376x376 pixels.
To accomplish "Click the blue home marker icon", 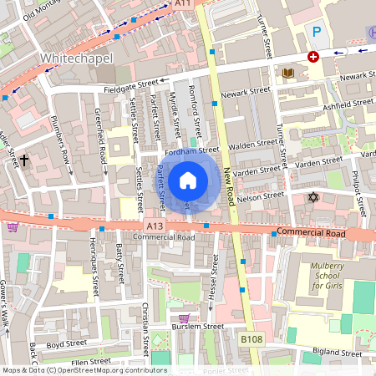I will (x=188, y=180).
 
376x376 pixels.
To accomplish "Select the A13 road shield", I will (x=154, y=226).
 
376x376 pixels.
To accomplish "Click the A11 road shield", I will (x=184, y=4).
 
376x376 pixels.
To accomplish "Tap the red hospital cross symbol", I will (x=313, y=57).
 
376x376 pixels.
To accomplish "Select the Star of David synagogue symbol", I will (x=314, y=197).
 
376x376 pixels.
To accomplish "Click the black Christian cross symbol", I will (x=24, y=159).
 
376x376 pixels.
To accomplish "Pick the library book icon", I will (x=288, y=74).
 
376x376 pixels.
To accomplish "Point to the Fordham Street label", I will (x=191, y=151).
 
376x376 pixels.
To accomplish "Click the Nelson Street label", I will (x=261, y=198).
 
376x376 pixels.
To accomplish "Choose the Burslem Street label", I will (x=197, y=327).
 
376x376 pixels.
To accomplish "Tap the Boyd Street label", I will (x=67, y=343).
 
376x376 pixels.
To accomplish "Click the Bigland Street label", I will (x=338, y=353).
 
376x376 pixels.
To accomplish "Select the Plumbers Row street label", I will (x=64, y=136).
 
